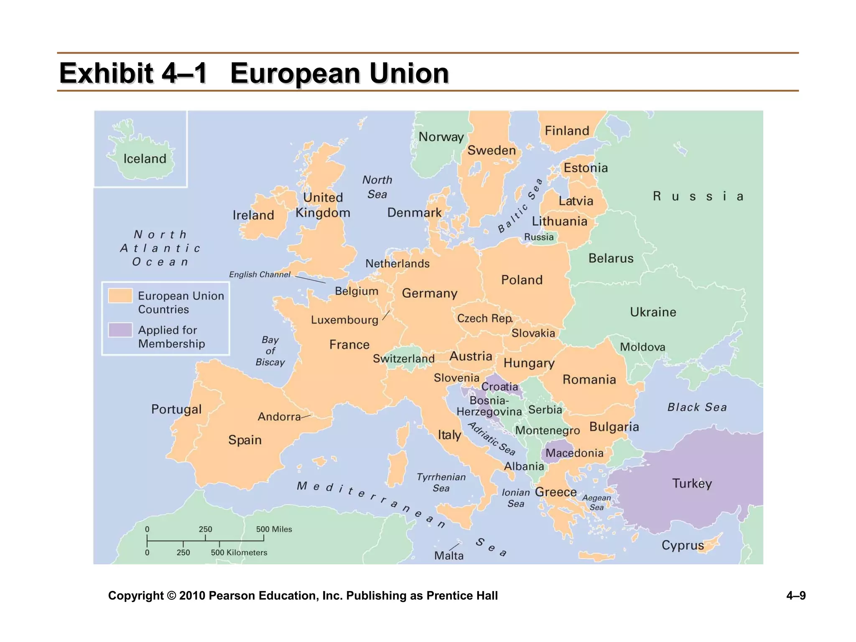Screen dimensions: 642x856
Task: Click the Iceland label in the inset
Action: [x=145, y=159]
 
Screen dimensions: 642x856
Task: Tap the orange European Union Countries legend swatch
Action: [x=120, y=296]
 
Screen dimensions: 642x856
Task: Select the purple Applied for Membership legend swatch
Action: [x=120, y=330]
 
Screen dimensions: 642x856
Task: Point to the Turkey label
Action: [x=692, y=484]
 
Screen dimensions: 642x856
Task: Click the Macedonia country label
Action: [x=574, y=453]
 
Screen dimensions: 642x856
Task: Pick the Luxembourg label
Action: [x=344, y=320]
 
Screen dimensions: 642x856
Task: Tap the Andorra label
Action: [x=279, y=417]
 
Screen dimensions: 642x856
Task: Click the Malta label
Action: [x=448, y=556]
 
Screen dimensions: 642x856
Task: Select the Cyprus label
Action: [x=683, y=545]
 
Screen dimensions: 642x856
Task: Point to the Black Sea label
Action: [x=697, y=407]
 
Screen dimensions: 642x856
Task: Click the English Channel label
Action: [x=259, y=275]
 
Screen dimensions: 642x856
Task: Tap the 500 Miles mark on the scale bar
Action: [x=274, y=529]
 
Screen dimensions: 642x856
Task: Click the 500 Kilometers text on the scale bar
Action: [x=239, y=553]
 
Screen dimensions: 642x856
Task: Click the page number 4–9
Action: [x=796, y=595]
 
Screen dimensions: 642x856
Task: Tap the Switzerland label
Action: [x=403, y=359]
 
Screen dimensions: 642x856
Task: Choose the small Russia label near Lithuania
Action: [x=539, y=237]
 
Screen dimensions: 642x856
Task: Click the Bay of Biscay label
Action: [x=270, y=351]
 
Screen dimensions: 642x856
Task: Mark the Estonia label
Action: [x=586, y=168]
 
